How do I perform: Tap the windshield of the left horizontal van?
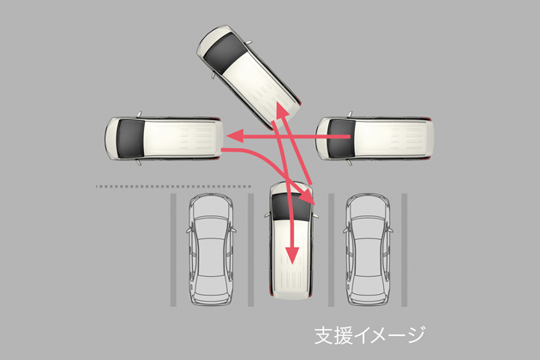click(x=130, y=138)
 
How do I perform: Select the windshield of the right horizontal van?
click(x=341, y=138)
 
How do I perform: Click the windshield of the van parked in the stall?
click(x=291, y=207)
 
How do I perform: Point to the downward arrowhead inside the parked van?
click(x=292, y=255)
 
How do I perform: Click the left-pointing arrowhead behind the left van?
click(x=235, y=135)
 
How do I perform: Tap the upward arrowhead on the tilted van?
click(x=282, y=111)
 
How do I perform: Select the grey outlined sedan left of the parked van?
click(x=211, y=249)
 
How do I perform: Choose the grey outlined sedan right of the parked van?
click(x=369, y=249)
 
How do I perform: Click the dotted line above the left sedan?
click(x=173, y=186)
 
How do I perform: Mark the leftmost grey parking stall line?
click(x=173, y=249)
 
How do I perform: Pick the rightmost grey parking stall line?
click(x=405, y=249)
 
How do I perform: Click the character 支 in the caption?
click(x=324, y=335)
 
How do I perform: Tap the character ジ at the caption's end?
click(x=416, y=335)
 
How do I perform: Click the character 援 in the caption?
click(x=343, y=335)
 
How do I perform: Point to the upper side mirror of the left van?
click(x=139, y=114)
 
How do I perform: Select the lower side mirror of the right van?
click(x=350, y=162)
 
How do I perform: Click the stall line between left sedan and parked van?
click(x=250, y=249)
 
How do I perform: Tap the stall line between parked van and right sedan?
click(x=332, y=249)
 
